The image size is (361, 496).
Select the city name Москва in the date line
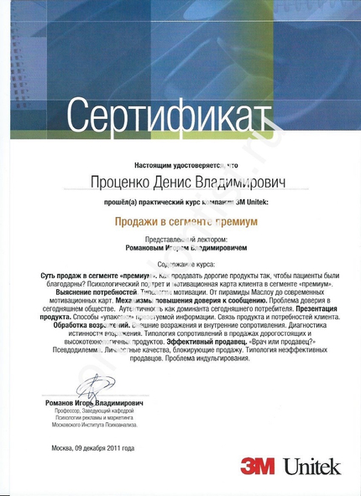[x=62, y=447]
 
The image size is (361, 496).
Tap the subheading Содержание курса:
[x=180, y=262]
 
